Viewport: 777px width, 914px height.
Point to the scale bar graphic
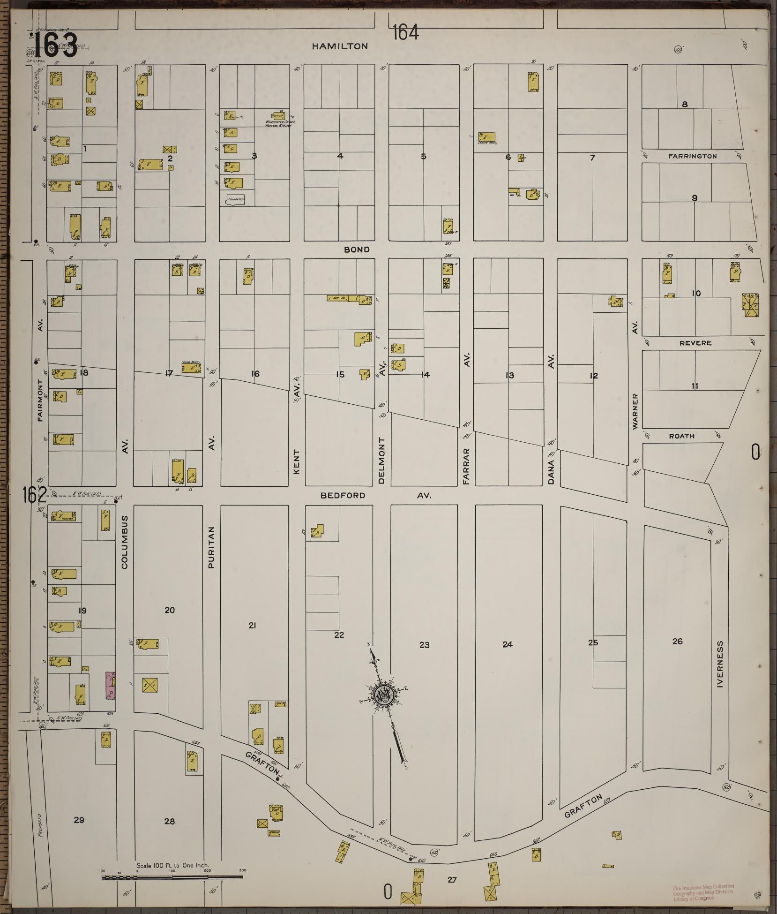173,876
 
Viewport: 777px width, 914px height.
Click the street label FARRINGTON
692,156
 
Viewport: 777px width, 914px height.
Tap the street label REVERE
695,343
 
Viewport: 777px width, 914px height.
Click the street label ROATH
681,436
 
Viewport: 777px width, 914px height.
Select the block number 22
339,635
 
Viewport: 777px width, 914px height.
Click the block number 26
677,642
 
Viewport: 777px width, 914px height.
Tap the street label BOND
357,249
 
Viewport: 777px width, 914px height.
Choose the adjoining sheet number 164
405,33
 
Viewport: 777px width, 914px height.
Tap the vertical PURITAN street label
211,547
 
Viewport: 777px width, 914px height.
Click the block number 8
685,104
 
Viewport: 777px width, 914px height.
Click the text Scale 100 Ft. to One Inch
172,865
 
